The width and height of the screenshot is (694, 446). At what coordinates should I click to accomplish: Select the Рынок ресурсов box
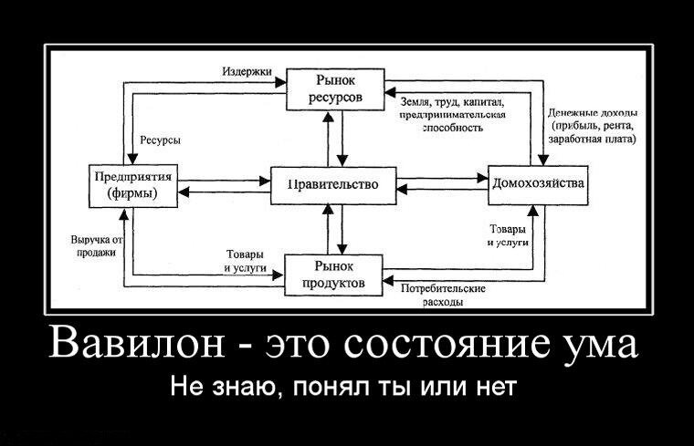coord(335,88)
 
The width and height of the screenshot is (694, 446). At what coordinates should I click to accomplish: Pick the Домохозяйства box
coord(538,183)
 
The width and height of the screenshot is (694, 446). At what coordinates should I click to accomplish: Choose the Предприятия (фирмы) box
coord(131,185)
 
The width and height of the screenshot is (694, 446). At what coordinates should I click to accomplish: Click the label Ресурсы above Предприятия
coord(160,140)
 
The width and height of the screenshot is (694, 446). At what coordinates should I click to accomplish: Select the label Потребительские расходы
coord(443,294)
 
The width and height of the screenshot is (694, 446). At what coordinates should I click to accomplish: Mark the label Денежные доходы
coord(592,112)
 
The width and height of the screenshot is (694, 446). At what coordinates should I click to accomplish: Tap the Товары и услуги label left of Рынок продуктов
coord(245,261)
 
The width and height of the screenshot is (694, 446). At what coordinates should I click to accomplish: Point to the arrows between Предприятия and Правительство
coord(223,186)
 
